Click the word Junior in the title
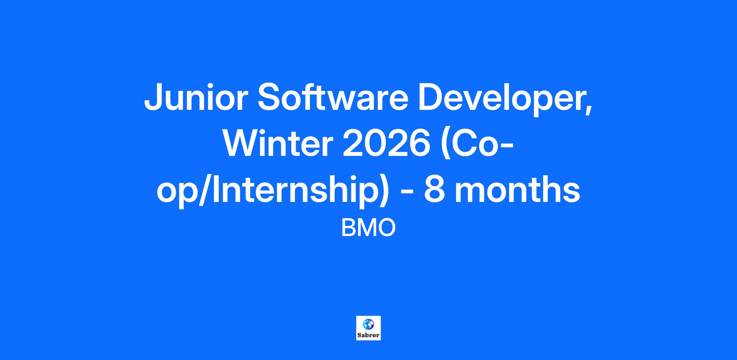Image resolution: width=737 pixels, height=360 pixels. point(196,97)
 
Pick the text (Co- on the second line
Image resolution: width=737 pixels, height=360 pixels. point(476,145)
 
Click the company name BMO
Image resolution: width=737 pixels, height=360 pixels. point(368,228)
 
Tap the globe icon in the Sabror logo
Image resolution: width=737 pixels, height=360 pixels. point(368,324)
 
